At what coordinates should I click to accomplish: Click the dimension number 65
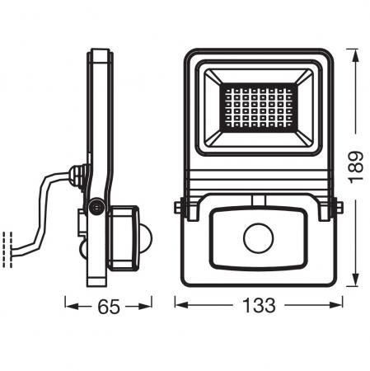pyautogui.click(x=108, y=307)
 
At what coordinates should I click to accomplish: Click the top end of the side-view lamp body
pyautogui.click(x=100, y=53)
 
